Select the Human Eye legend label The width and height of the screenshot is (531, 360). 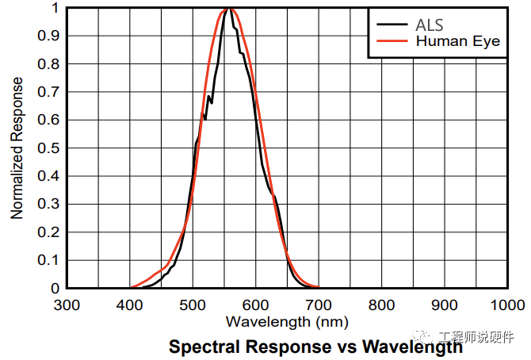point(458,41)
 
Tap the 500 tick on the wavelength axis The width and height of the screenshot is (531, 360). point(193,305)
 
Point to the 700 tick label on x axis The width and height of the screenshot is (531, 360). point(319,305)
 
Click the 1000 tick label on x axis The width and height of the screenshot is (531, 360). point(508,305)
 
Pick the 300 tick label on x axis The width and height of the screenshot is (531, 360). point(67,305)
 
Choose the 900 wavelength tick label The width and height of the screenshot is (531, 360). point(445,305)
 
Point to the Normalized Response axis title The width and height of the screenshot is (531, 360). point(17,148)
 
